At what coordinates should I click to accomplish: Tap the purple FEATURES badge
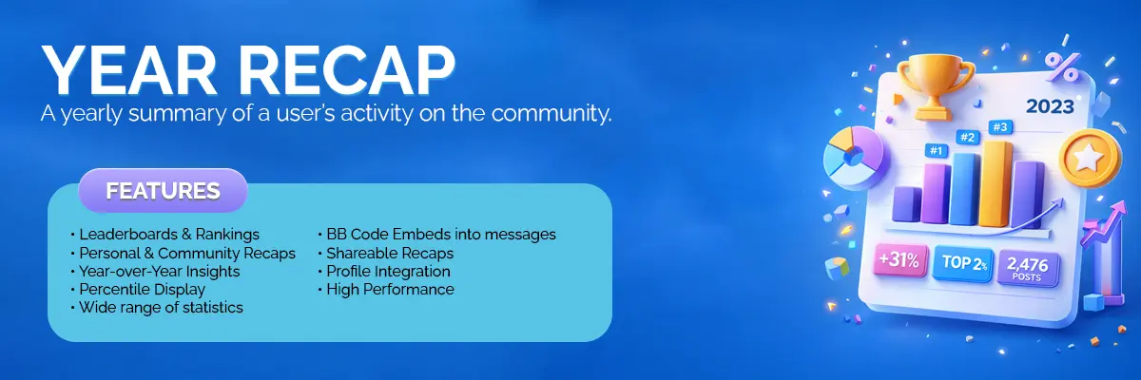click(x=163, y=191)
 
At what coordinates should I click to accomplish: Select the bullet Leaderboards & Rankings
click(x=165, y=235)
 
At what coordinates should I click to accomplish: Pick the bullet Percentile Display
click(x=138, y=290)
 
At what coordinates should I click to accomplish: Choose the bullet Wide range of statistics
click(x=157, y=308)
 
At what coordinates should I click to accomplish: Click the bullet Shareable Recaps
click(x=386, y=254)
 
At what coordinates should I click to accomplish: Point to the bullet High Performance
click(x=386, y=290)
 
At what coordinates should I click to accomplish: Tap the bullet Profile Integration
click(x=384, y=272)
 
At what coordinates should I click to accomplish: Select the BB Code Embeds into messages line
click(x=437, y=235)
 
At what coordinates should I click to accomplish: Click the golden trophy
click(x=936, y=86)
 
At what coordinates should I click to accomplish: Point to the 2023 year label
click(x=1050, y=106)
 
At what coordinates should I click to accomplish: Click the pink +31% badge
click(x=899, y=260)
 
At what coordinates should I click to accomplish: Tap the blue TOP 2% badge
click(x=962, y=263)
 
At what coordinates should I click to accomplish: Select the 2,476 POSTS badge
click(x=1028, y=268)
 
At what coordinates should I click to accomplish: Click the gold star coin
click(x=1090, y=159)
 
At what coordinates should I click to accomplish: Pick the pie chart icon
click(x=853, y=158)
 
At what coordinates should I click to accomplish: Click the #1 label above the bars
click(x=937, y=151)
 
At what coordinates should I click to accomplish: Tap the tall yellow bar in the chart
click(x=995, y=183)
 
